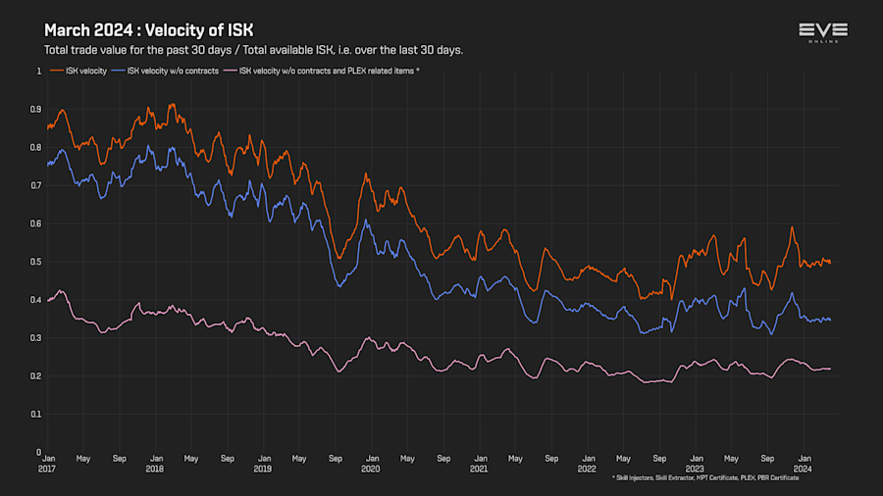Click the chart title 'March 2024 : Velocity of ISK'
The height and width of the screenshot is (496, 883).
148,30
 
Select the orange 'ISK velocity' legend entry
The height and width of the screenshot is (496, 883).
78,71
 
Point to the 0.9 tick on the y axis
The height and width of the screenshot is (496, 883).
36,109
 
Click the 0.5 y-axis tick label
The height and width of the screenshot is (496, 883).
36,262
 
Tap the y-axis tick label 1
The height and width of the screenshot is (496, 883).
39,71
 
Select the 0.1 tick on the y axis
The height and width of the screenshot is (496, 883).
36,414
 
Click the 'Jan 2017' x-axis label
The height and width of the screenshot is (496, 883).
46,463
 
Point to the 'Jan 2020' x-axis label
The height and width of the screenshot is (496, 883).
371,463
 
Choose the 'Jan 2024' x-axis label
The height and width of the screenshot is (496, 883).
804,463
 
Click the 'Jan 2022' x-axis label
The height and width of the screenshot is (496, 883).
587,463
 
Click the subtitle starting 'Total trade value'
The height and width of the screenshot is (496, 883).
253,50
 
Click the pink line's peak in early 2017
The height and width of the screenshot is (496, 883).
61,290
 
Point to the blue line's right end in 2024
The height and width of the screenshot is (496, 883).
830,320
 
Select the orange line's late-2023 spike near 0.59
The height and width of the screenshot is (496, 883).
792,227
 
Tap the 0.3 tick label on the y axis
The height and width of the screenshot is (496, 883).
36,337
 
